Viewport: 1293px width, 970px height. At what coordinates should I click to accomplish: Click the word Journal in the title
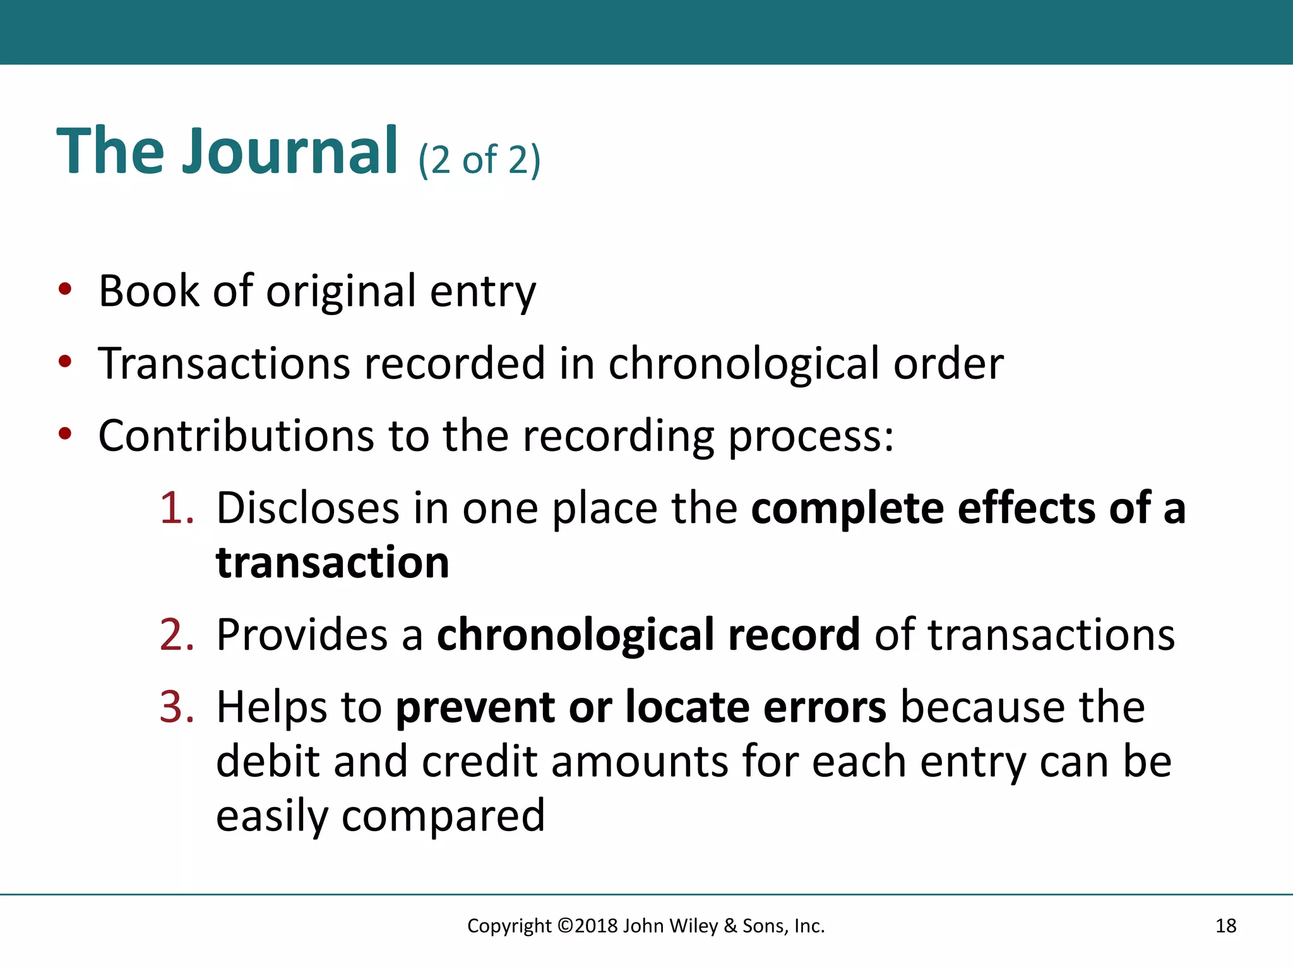click(290, 151)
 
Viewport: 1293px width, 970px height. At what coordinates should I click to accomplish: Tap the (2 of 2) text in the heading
click(479, 159)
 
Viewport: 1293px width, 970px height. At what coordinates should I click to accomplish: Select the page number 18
click(1225, 926)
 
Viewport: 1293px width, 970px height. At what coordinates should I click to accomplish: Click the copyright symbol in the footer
click(566, 926)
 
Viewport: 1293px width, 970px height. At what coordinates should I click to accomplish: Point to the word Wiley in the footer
click(693, 926)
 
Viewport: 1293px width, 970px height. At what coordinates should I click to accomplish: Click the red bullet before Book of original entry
click(65, 289)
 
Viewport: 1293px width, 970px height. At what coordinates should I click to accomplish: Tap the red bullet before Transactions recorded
click(65, 362)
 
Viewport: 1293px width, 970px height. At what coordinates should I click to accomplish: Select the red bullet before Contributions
click(65, 434)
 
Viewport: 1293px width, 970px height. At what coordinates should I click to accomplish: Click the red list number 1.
click(176, 508)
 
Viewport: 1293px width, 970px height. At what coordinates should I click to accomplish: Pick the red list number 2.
click(176, 635)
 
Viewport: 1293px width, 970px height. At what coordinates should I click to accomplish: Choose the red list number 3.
click(176, 707)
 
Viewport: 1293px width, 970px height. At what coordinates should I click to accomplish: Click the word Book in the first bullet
click(149, 291)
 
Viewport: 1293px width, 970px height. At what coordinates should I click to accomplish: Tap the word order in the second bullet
click(948, 364)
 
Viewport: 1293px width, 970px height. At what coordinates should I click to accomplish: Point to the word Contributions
click(236, 436)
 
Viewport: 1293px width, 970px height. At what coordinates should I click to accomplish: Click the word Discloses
click(307, 508)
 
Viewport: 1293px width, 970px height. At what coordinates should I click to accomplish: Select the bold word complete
click(847, 510)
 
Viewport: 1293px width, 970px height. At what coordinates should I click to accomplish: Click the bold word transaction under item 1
click(332, 562)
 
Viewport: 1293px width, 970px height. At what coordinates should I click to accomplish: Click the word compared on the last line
click(443, 817)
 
